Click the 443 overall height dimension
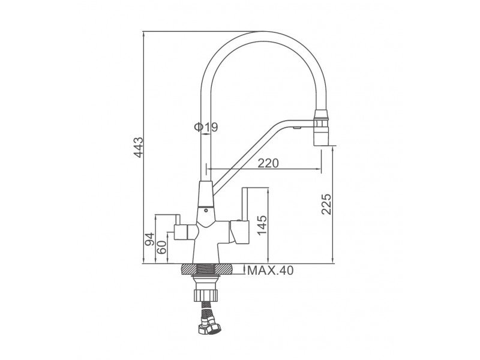point(139,147)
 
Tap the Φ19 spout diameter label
point(206,127)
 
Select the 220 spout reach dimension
point(268,163)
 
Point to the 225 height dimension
point(326,204)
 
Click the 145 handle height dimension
point(262,226)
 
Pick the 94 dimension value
point(149,239)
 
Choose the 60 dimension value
point(161,247)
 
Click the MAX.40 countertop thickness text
point(271,271)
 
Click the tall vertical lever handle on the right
point(244,203)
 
